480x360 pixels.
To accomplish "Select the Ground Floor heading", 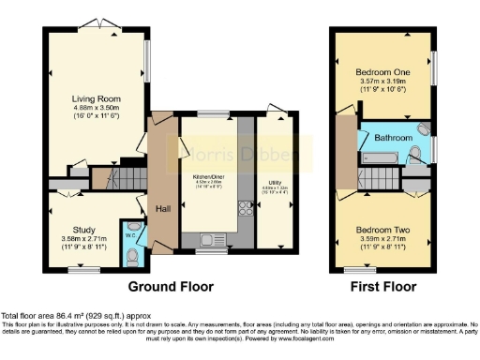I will [171, 287].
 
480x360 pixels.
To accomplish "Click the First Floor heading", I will [382, 287].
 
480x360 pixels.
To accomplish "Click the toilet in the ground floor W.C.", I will [133, 252].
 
